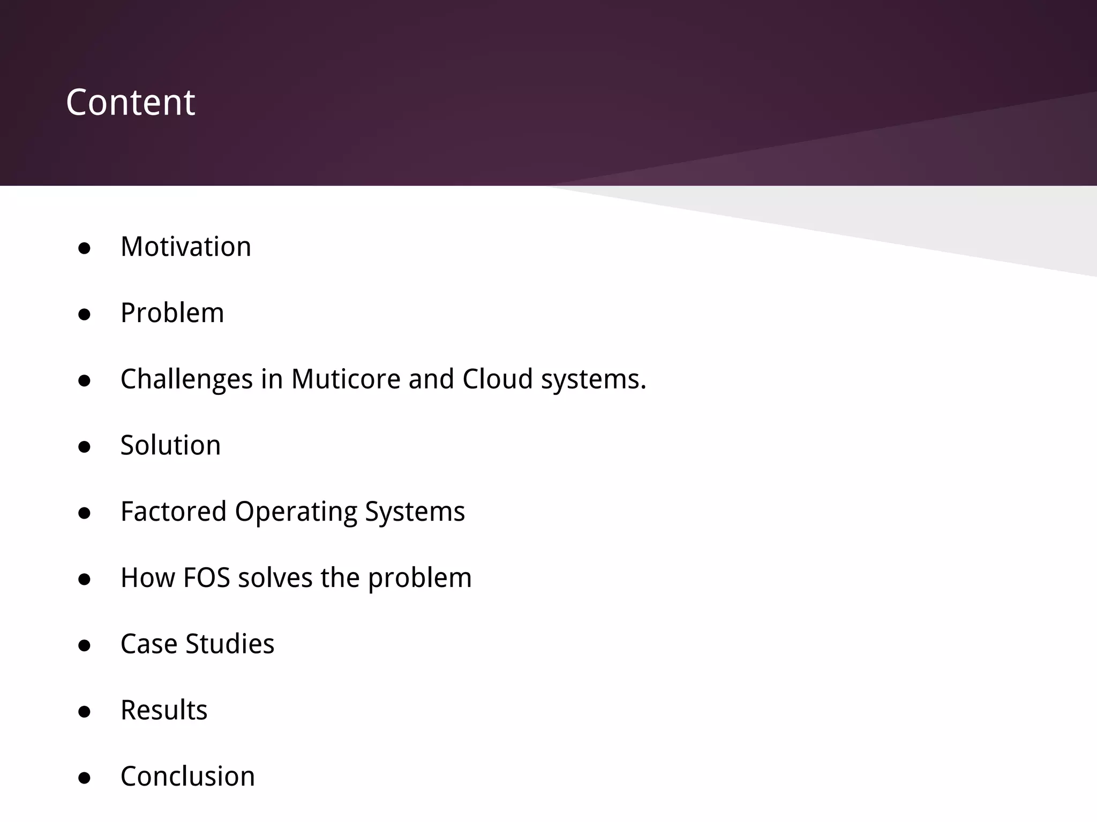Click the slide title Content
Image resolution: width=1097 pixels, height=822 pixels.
click(x=130, y=102)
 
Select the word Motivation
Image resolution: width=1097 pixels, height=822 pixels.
click(x=186, y=247)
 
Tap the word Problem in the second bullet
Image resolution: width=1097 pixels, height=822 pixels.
click(x=172, y=313)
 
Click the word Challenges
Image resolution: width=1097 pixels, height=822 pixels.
click(x=186, y=379)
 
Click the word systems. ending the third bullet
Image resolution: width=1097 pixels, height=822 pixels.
click(x=593, y=379)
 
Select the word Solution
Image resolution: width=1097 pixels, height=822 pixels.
click(x=170, y=445)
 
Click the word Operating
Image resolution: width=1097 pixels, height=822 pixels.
click(x=296, y=512)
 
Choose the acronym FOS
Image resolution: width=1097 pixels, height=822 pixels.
click(x=206, y=578)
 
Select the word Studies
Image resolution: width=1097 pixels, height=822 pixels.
click(x=229, y=644)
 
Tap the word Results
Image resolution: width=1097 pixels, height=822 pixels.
click(x=164, y=710)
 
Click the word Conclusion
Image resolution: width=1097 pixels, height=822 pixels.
click(x=187, y=777)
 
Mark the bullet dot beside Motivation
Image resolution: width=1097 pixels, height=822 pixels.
click(x=84, y=248)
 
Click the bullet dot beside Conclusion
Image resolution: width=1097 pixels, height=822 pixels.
click(x=84, y=778)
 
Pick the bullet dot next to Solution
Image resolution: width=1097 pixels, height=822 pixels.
click(x=84, y=447)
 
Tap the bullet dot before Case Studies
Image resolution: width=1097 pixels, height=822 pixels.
click(x=84, y=645)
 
